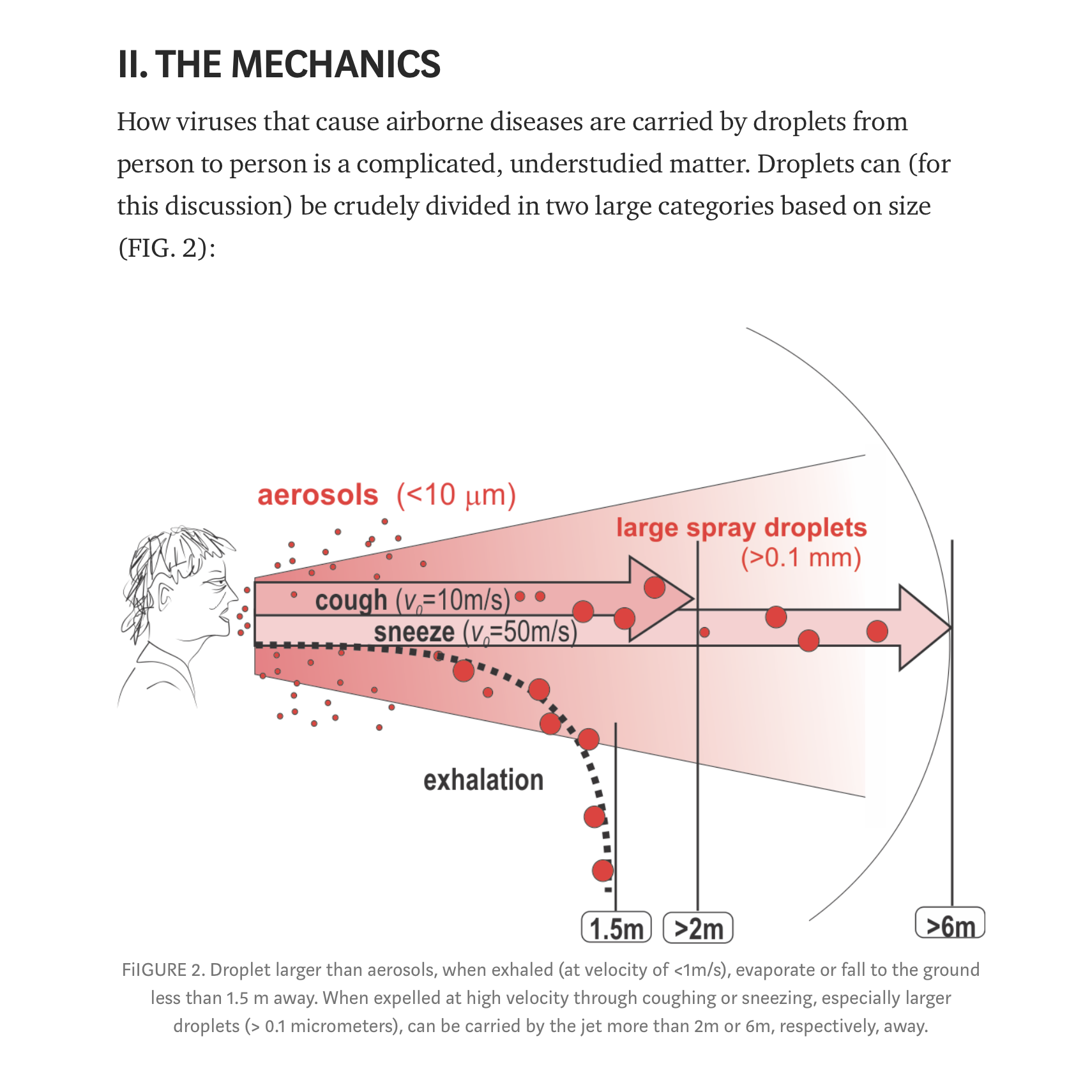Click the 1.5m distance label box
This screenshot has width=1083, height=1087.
(616, 928)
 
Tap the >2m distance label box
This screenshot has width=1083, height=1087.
(698, 928)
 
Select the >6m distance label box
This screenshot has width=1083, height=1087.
(950, 924)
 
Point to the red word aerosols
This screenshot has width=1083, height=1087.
(317, 496)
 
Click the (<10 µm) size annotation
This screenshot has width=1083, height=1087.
(456, 496)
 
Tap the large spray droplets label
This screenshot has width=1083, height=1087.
(741, 528)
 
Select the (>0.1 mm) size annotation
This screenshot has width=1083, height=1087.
(801, 558)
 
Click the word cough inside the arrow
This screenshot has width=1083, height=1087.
(351, 600)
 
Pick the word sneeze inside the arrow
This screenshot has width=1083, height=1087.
(414, 632)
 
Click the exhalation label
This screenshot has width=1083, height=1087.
(483, 780)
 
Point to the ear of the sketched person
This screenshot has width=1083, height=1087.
(166, 597)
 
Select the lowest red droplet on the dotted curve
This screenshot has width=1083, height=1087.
(602, 870)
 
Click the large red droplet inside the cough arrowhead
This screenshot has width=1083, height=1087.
(655, 587)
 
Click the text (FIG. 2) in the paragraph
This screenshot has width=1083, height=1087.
(167, 248)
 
